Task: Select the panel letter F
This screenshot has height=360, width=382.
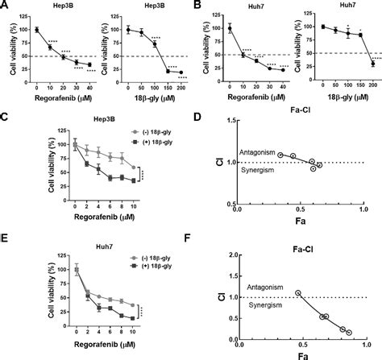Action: [x=199, y=239]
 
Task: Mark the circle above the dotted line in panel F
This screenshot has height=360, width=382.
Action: [x=299, y=294]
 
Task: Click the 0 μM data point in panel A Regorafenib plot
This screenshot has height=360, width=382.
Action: [x=36, y=30]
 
